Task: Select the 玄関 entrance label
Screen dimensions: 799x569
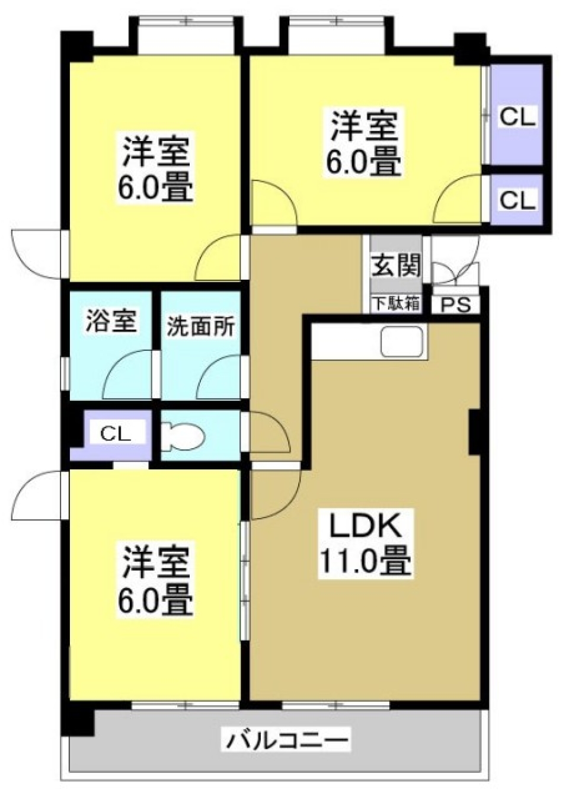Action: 396,265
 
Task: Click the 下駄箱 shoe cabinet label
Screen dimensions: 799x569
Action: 396,303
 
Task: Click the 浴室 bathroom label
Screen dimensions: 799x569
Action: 111,321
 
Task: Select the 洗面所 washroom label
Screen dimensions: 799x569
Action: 200,327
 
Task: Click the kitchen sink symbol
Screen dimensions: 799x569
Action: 402,342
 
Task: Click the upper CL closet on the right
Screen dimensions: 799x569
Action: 517,117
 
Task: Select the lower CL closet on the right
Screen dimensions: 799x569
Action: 517,200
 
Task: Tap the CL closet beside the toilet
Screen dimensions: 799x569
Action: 115,433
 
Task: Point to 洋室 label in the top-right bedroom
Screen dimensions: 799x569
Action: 363,125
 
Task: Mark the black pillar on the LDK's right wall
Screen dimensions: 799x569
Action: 475,432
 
